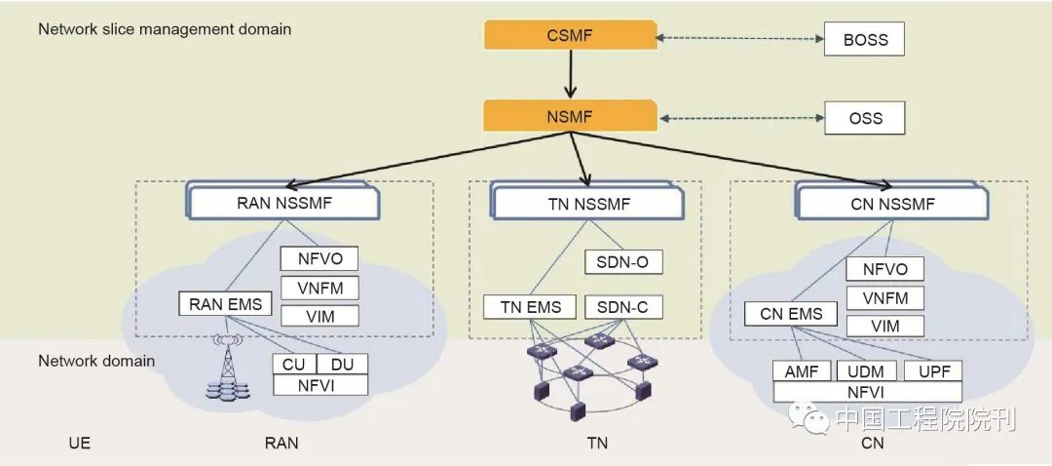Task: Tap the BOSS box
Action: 864,40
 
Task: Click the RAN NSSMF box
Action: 283,204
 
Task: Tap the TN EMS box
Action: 531,307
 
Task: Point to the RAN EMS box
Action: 226,304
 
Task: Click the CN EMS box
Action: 791,314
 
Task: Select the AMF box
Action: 802,371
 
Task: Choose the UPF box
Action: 932,371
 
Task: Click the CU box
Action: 295,364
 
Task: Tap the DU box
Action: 343,364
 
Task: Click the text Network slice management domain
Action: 165,29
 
